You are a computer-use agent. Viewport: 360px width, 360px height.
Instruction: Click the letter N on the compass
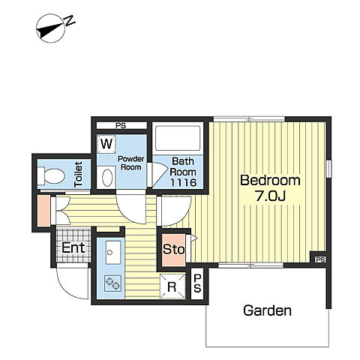pos(70,21)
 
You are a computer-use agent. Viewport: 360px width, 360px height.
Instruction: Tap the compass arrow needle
pos(50,28)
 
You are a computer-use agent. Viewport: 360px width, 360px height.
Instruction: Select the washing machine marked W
pos(106,144)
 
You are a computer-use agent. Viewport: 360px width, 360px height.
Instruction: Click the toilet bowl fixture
pos(51,175)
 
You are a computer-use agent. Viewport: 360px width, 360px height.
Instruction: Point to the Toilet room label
pos(79,174)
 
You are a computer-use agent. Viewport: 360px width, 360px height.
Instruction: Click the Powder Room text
pos(131,163)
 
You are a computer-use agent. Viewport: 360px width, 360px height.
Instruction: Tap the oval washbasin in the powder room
pos(107,178)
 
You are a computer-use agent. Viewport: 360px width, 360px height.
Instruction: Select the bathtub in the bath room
pos(178,138)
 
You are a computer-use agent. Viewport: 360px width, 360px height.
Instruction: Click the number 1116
pos(183,183)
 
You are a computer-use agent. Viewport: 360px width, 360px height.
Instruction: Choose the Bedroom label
pos(270,180)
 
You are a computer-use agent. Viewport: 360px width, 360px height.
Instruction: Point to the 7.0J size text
pos(270,196)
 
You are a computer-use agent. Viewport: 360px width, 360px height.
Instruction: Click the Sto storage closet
pos(174,250)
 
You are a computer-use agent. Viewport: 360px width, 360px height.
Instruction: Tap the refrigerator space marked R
pos(172,286)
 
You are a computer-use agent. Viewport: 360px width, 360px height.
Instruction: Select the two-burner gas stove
pos(112,283)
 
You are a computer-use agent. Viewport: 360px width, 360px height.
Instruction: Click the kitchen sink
pos(113,253)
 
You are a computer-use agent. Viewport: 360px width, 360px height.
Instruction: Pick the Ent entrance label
pos(73,247)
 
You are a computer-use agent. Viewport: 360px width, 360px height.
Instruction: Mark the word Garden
pos(267,310)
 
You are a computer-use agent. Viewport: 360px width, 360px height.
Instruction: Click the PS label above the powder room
pos(121,126)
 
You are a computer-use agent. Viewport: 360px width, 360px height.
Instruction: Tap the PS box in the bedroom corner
pos(320,259)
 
